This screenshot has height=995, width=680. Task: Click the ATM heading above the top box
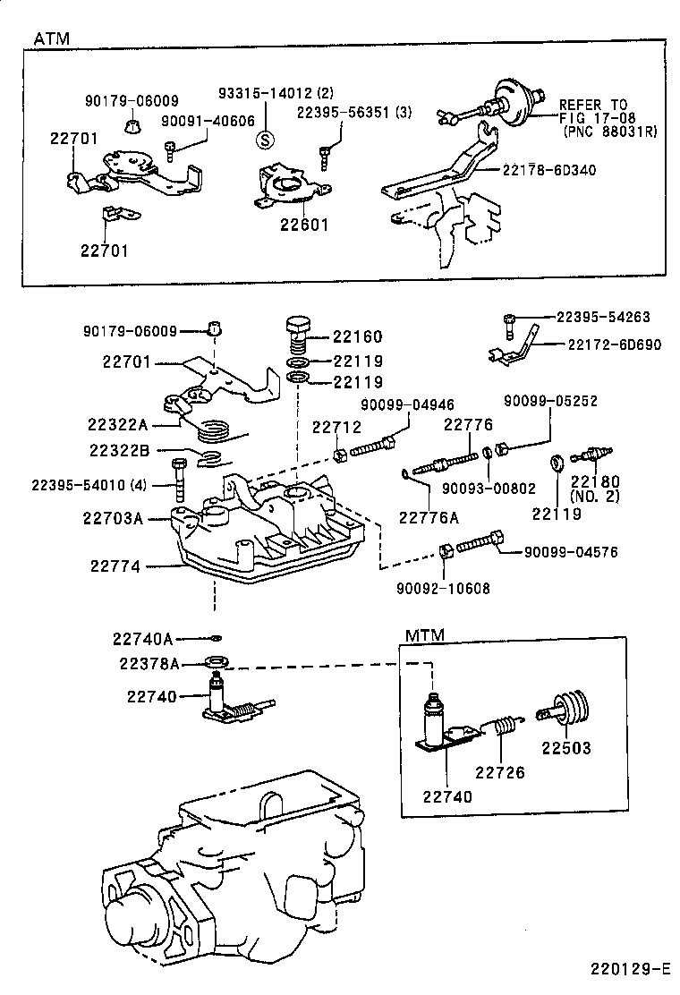click(x=51, y=39)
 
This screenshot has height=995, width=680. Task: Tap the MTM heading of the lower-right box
click(x=425, y=635)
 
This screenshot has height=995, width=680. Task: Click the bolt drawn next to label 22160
click(x=298, y=337)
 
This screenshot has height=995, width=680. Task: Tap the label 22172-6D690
click(x=614, y=344)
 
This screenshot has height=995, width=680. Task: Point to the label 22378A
click(x=148, y=663)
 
